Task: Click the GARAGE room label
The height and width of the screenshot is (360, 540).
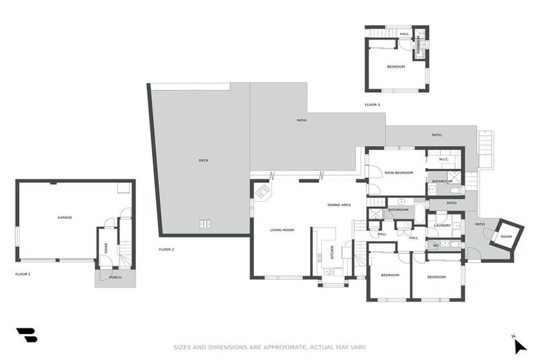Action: pyautogui.click(x=65, y=217)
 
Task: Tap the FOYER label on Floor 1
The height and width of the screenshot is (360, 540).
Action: pyautogui.click(x=106, y=247)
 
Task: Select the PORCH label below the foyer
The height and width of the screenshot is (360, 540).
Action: pyautogui.click(x=115, y=277)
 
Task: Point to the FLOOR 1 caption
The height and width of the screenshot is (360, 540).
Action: pyautogui.click(x=23, y=274)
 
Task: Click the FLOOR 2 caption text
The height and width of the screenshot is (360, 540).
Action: pyautogui.click(x=167, y=250)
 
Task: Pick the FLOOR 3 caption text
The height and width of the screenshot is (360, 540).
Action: pyautogui.click(x=372, y=105)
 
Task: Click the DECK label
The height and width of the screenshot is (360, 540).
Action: pyautogui.click(x=203, y=160)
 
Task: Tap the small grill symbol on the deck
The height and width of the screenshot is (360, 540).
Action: pyautogui.click(x=206, y=224)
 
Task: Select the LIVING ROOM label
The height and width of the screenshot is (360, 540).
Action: pyautogui.click(x=282, y=230)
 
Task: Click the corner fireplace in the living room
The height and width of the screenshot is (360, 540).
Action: pyautogui.click(x=262, y=191)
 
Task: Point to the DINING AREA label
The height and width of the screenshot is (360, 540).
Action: pyautogui.click(x=339, y=205)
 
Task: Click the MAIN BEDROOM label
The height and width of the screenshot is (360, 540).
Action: pyautogui.click(x=398, y=172)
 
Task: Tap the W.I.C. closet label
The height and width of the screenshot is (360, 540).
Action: pyautogui.click(x=444, y=159)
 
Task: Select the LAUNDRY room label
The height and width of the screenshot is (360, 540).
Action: pyautogui.click(x=442, y=225)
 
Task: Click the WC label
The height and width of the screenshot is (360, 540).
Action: pyautogui.click(x=436, y=245)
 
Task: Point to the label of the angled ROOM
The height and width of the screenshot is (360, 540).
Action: pyautogui.click(x=506, y=236)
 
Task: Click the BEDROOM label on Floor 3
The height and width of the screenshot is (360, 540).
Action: pyautogui.click(x=396, y=67)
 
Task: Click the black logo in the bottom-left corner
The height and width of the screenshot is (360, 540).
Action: pyautogui.click(x=27, y=335)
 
